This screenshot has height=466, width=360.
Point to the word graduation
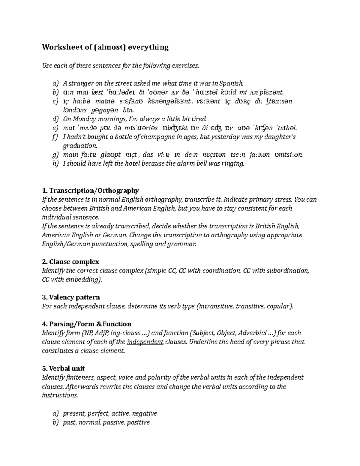[x=80, y=146]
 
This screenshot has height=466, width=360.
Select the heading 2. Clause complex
[x=70, y=262]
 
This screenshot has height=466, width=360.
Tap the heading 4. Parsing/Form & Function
[x=87, y=324]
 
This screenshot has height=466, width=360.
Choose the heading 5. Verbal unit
[x=63, y=368]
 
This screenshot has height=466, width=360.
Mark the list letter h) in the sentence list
[x=55, y=164]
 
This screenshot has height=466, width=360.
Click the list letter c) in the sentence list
[x=55, y=101]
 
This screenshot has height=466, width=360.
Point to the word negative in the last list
[x=144, y=413]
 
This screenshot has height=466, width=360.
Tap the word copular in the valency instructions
[x=280, y=306]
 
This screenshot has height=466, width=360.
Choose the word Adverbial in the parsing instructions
[x=254, y=333]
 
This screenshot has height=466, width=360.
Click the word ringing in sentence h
[x=234, y=164]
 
